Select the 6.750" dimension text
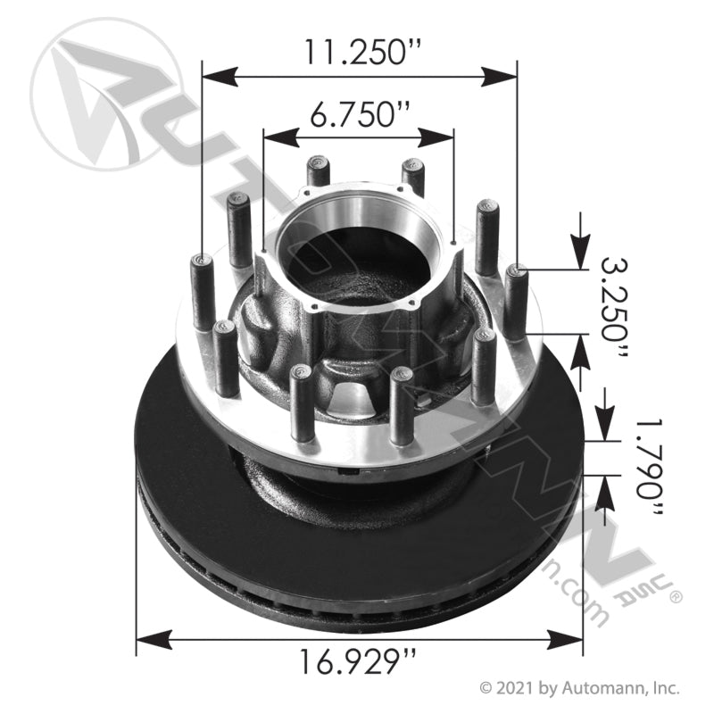359,114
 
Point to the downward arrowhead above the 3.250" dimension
581,253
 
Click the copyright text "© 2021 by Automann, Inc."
580,688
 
